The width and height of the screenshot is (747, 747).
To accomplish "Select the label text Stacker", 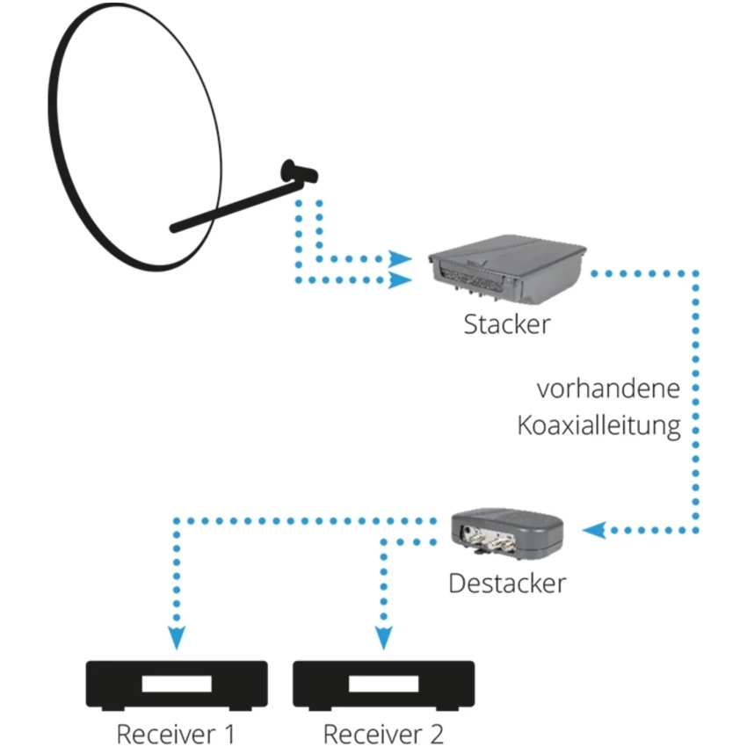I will (507, 323).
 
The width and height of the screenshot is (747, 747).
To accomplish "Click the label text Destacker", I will (507, 582).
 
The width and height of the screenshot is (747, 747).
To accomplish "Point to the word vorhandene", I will (609, 388).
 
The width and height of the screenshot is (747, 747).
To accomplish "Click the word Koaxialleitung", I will (598, 426).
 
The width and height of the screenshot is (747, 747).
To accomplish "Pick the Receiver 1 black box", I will (176, 685).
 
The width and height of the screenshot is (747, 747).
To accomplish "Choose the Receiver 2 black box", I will (383, 685).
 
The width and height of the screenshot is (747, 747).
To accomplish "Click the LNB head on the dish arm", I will (297, 170).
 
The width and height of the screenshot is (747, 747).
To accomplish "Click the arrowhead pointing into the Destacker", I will (594, 530).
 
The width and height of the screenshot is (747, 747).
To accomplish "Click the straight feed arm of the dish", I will (228, 207).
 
